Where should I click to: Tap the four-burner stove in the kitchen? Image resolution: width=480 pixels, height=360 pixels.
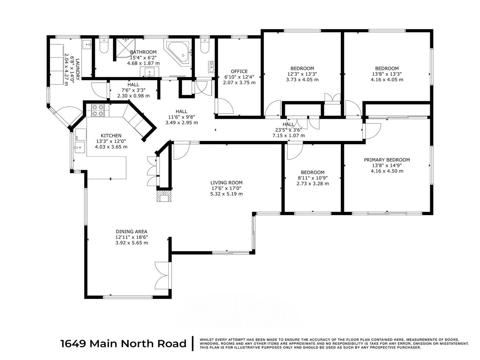[x=98, y=111]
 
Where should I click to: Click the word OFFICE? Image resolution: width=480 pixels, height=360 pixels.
[x=239, y=71]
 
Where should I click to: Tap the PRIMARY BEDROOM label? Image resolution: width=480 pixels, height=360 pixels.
[x=387, y=160]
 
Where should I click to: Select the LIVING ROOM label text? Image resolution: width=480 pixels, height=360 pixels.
[x=226, y=182]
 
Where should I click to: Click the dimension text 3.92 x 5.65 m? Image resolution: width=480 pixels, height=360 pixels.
[x=131, y=243]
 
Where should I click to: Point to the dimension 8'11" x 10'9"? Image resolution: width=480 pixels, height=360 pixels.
[x=313, y=178]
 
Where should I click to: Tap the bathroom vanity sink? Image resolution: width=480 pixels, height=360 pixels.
[x=150, y=72]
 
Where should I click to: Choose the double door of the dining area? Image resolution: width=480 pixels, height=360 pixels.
[x=163, y=275]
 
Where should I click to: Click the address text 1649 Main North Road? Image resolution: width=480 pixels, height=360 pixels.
[x=123, y=344]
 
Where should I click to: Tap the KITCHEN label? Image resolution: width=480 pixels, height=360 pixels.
[x=111, y=135]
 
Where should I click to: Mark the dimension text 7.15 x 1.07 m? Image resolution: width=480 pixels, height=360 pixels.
[x=289, y=135]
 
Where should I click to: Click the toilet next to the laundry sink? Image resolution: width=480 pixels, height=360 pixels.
[x=104, y=46]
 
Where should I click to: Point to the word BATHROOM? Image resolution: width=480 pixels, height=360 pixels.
[x=143, y=52]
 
